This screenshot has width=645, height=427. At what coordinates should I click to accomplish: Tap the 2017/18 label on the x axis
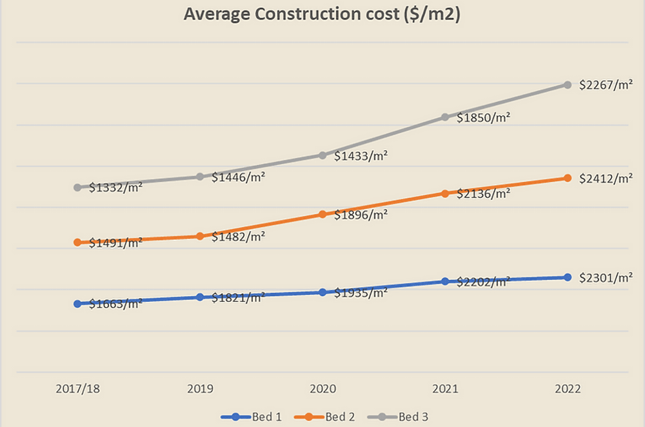(x=77, y=390)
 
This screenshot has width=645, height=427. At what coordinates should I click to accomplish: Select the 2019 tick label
(x=200, y=390)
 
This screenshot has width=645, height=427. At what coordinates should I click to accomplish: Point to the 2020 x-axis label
(x=322, y=390)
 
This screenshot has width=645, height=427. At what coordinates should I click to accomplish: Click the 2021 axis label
(x=445, y=390)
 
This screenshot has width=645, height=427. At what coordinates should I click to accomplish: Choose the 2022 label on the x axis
(x=568, y=390)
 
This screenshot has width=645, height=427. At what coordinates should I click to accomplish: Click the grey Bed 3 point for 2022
(x=568, y=84)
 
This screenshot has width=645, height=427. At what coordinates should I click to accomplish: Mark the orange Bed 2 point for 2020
(x=322, y=214)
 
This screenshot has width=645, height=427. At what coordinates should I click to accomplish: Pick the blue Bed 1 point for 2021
(x=445, y=281)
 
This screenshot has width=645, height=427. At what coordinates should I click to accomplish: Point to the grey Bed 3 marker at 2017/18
(x=77, y=188)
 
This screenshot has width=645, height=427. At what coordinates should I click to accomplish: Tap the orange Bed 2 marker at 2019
(x=200, y=236)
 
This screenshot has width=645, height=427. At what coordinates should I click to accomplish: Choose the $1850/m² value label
(x=484, y=118)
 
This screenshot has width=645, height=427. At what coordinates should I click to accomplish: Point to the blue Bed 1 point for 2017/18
(x=77, y=304)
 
